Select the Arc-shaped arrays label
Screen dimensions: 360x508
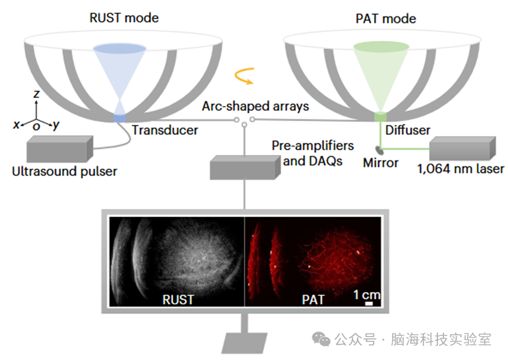click(256, 106)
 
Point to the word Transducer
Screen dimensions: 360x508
click(165, 130)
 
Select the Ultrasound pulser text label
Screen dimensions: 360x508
click(65, 171)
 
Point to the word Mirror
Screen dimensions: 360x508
click(381, 163)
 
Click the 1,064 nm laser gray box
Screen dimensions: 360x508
click(462, 148)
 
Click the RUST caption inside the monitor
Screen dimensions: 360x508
click(178, 298)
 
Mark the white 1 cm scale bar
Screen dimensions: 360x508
click(369, 304)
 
